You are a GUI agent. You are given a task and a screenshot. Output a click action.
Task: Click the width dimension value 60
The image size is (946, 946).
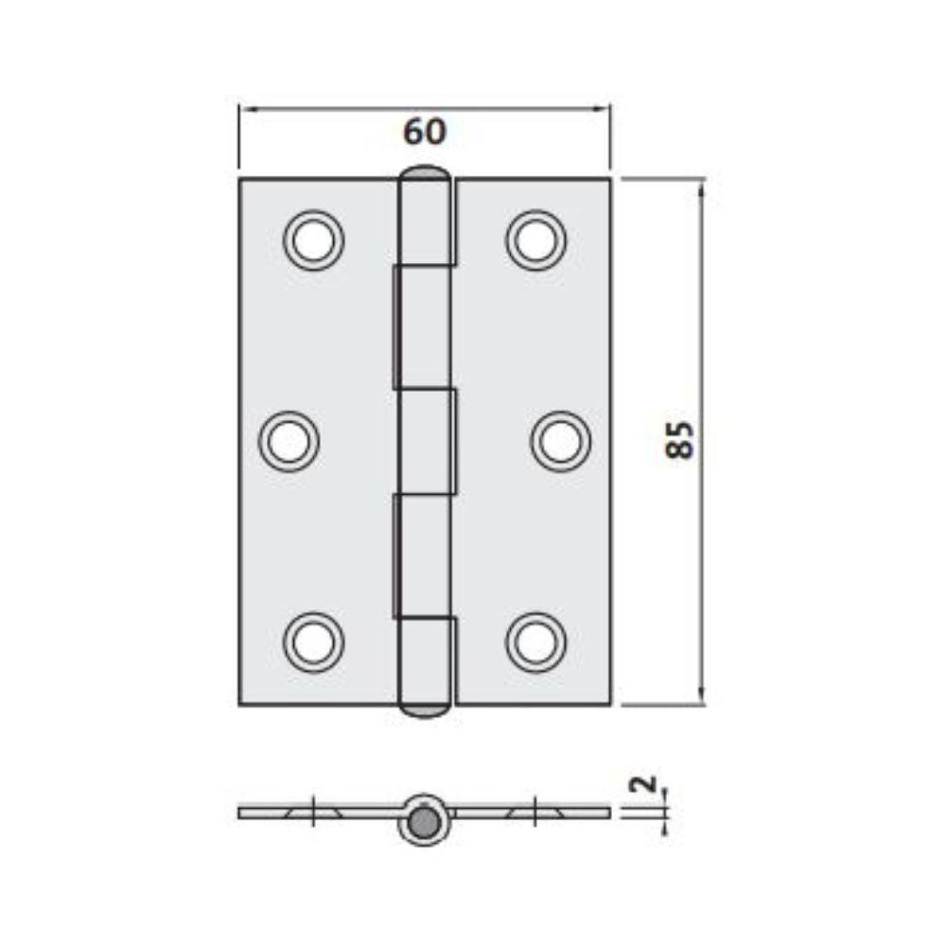424,132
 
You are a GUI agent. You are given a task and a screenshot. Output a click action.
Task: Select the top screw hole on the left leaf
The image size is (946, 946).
313,240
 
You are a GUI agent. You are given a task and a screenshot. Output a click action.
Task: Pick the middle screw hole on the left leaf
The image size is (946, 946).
289,441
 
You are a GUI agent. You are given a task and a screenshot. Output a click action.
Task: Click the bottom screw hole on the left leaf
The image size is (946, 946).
313,642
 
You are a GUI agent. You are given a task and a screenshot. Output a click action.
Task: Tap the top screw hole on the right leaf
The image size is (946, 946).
536,240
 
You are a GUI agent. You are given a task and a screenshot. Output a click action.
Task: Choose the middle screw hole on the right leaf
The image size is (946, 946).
560,441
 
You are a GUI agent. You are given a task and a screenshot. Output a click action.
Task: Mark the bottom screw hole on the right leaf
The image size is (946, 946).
536,642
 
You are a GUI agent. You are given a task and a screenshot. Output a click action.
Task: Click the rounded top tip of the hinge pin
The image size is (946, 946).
425,174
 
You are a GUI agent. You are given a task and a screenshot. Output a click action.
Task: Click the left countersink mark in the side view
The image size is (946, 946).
313,812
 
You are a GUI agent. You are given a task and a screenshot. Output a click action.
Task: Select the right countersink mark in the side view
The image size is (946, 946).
536,812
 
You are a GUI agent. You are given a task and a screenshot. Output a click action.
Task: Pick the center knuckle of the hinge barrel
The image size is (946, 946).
427,441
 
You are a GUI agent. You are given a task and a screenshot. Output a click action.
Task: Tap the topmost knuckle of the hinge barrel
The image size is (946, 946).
427,219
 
